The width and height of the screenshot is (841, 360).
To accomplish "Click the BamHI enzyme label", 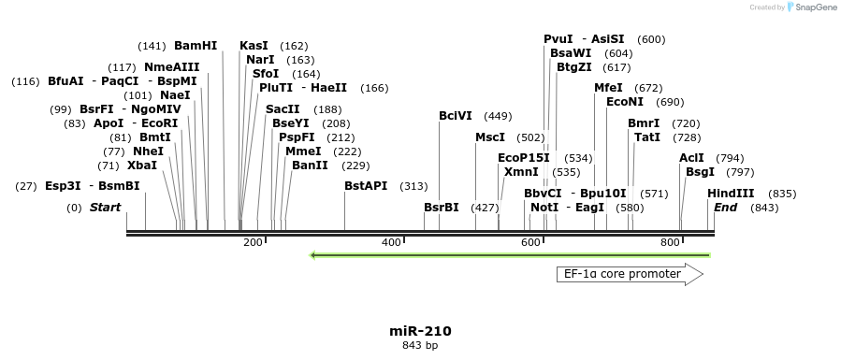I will pos(196,45).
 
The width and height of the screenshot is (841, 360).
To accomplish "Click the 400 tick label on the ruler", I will pos(392,243).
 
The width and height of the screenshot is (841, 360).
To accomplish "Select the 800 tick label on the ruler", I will pos(670,243).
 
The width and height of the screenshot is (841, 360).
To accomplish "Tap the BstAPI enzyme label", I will pos(366,186).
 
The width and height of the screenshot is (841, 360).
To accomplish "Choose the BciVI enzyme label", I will pos(456,116).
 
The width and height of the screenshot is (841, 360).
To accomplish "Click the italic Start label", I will pos(106,207).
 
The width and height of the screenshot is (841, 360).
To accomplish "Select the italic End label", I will pos(726,207).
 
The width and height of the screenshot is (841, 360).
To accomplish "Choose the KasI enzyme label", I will pos(254,45).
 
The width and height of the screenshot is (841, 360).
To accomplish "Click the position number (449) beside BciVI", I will pos(498,116).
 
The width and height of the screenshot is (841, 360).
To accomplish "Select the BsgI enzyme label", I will pos(700,172).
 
